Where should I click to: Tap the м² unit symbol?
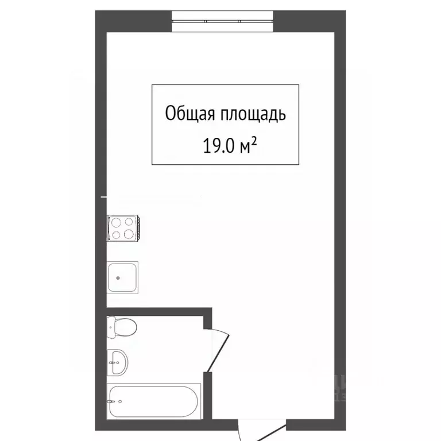coord(247,146)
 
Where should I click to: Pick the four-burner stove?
coord(123,227)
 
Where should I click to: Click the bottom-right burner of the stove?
coord(130,234)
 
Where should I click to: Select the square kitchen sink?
coord(122,278)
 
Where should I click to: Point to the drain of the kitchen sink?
coord(118,278)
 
